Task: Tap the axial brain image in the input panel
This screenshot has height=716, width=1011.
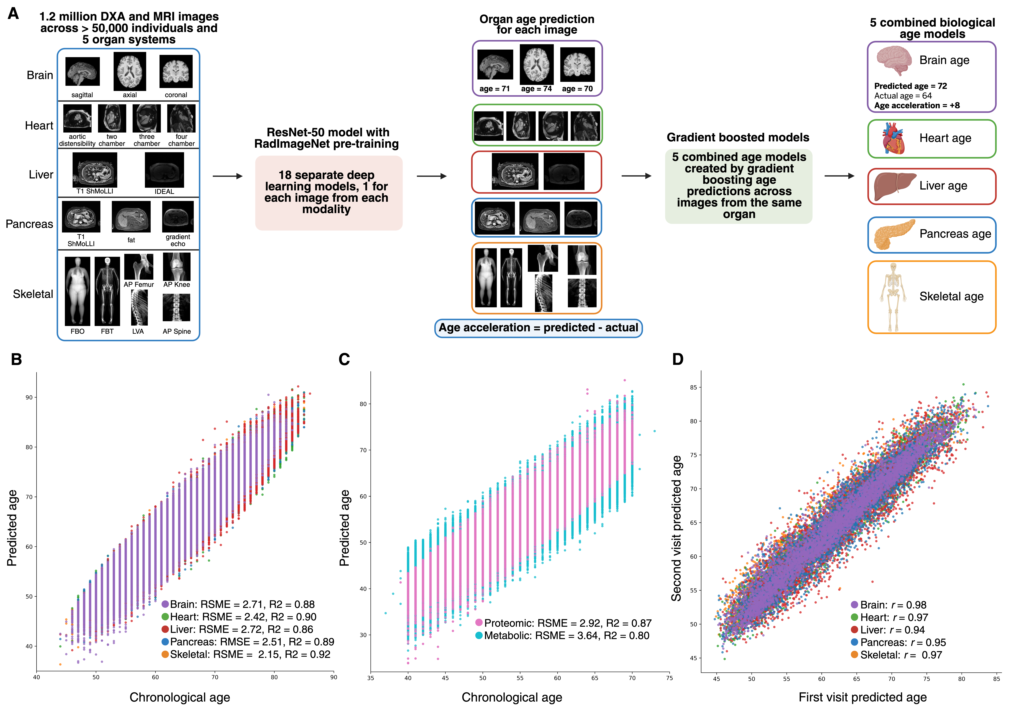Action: [130, 71]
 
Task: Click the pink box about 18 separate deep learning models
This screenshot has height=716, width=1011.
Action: [328, 193]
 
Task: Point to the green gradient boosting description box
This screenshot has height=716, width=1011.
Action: [738, 186]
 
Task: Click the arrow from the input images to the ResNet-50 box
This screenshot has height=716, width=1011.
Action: [227, 176]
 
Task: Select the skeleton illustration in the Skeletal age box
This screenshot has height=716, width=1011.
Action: [893, 297]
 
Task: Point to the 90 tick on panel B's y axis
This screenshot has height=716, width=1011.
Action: [29, 397]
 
